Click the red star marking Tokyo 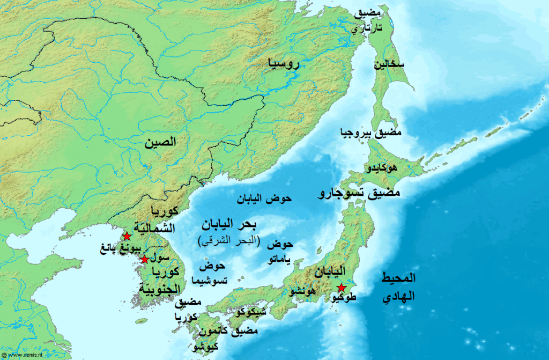coord(342,288)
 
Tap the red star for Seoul coord(144,260)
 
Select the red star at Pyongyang coord(127,236)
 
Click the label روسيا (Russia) coord(284,64)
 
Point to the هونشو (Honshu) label coord(302,291)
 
